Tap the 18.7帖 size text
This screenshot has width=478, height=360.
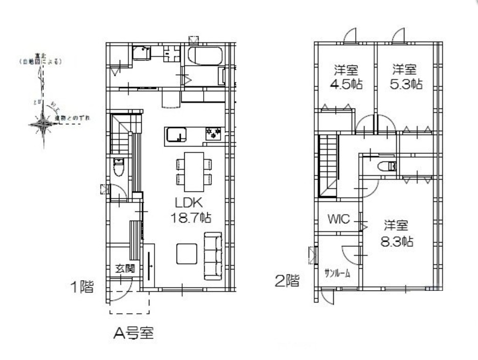pyautogui.click(x=190, y=218)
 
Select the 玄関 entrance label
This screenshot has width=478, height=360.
pyautogui.click(x=124, y=268)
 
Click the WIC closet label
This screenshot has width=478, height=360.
pyautogui.click(x=338, y=220)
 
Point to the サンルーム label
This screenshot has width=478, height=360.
pyautogui.click(x=337, y=273)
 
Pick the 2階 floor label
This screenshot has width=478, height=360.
pyautogui.click(x=287, y=281)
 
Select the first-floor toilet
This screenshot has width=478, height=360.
pyautogui.click(x=119, y=166)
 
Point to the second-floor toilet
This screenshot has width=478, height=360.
pyautogui.click(x=386, y=166)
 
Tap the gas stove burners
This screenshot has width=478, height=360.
pyautogui.click(x=213, y=134)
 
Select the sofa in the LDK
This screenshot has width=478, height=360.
pyautogui.click(x=213, y=256)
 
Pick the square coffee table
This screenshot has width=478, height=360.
pyautogui.click(x=187, y=253)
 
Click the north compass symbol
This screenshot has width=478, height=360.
pyautogui.click(x=43, y=123)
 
